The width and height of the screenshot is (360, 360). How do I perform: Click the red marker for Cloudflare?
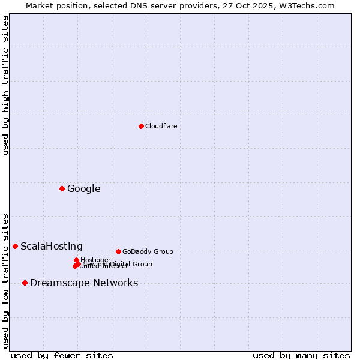pos(141,126)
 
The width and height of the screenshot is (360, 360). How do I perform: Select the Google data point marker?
pos(62,189)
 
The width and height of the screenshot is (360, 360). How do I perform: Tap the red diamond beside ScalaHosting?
pos(15,246)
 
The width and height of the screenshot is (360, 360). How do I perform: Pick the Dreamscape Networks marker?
pos(25,283)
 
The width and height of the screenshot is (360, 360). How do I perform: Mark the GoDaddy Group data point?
pos(118,251)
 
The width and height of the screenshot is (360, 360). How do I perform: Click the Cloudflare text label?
pos(161,126)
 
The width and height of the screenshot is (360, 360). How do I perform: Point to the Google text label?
pos(83,189)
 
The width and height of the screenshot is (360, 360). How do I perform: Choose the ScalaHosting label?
pos(51,246)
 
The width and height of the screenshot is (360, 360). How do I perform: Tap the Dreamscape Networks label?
pos(83,283)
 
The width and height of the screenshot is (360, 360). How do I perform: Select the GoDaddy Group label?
pos(147,251)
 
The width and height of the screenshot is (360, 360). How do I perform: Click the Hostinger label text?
pos(95,260)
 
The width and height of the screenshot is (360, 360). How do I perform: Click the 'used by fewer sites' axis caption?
pos(62,355)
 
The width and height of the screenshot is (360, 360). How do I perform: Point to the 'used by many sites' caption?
pos(301,355)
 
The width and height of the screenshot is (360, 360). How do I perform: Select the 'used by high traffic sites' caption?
pos(5,85)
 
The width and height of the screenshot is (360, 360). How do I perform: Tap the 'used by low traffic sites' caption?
pos(5,280)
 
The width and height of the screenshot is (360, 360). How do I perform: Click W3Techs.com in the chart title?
pos(311,5)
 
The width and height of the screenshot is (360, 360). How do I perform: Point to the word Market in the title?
pos(40,5)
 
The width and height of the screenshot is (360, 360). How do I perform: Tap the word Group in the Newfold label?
pos(142,264)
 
